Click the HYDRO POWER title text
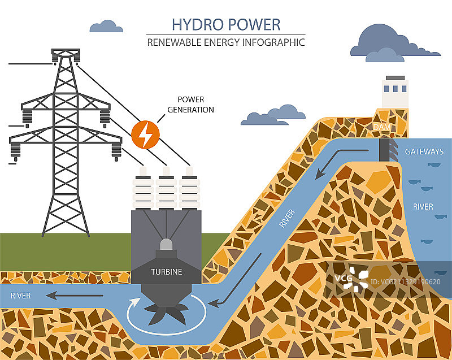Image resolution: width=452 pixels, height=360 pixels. (226, 24)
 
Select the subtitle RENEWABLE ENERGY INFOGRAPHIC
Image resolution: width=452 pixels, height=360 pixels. (226, 42)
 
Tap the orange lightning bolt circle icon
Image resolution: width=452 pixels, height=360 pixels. (145, 135)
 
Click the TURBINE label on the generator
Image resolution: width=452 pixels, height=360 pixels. (166, 272)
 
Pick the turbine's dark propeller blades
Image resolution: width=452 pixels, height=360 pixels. (166, 313)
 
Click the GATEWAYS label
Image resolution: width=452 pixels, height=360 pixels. (423, 152)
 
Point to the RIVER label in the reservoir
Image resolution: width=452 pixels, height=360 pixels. (423, 207)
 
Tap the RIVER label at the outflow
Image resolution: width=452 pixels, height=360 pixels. (20, 296)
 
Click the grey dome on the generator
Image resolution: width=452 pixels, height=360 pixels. (166, 245)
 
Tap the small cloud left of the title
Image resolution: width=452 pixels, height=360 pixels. (106, 26)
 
